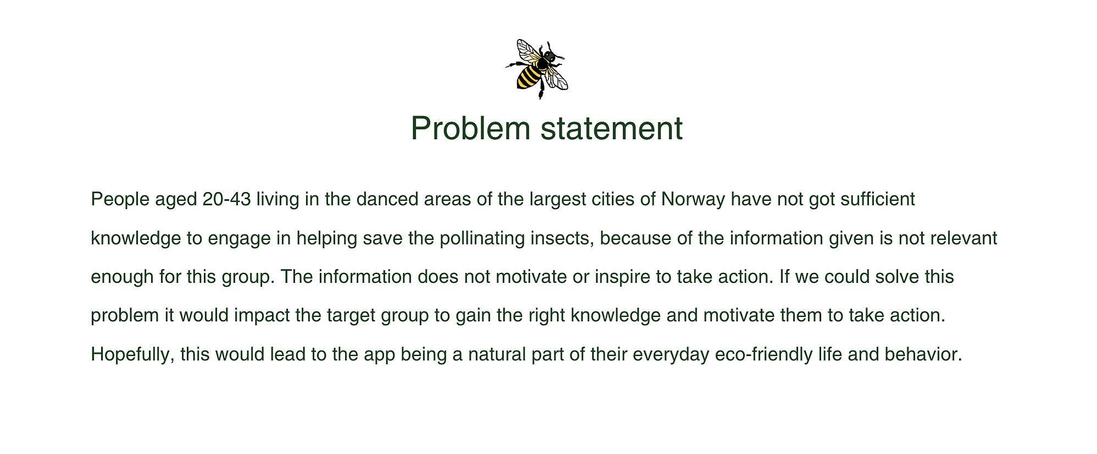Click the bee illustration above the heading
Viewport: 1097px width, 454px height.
click(x=537, y=69)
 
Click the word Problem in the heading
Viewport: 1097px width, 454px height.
click(x=470, y=129)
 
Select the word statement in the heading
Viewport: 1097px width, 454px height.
click(x=612, y=129)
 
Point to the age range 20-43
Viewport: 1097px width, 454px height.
click(x=226, y=199)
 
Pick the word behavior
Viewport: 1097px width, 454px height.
click(x=923, y=354)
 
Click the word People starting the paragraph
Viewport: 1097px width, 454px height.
click(x=120, y=200)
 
